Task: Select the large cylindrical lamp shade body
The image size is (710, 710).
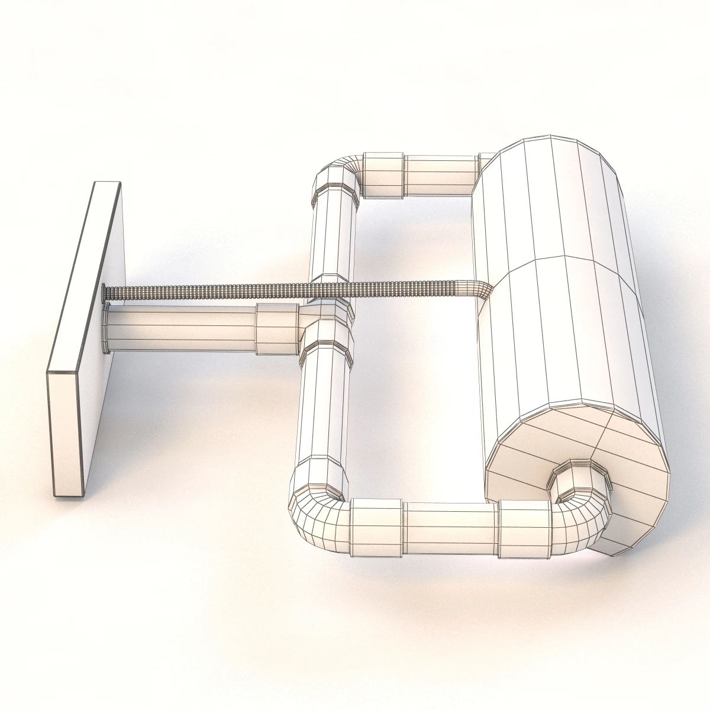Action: point(568,284)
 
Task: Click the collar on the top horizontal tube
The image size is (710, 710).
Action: point(383,175)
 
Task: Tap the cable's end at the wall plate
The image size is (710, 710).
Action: point(105,292)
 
